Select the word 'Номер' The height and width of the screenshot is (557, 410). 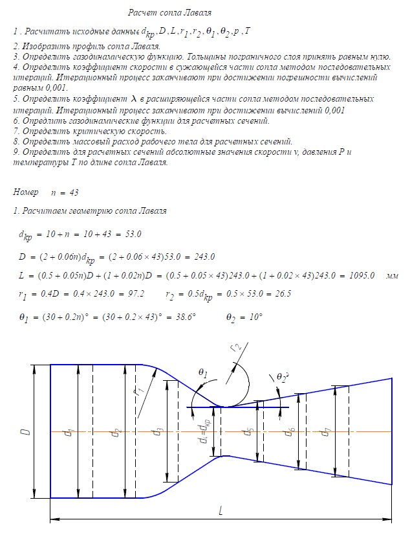tap(26, 192)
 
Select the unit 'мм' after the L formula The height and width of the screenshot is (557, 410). tap(392, 276)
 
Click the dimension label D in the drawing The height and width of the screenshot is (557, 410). tap(25, 431)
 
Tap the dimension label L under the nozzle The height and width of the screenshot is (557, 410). tap(221, 511)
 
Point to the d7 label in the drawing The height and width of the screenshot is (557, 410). tap(329, 431)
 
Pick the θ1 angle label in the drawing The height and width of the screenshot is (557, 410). tap(202, 374)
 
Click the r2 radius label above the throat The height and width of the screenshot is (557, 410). tap(236, 350)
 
